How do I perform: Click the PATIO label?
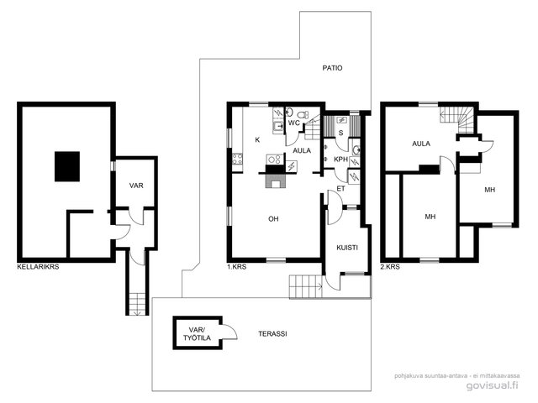pos(332,68)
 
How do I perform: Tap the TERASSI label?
pos(272,334)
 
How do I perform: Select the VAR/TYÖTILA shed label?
pos(197,334)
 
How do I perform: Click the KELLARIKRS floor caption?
pos(38,267)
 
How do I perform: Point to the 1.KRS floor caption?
pos(237,267)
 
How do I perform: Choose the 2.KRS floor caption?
pos(390,267)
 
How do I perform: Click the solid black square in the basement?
pos(67,166)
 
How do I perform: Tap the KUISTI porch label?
pos(347,248)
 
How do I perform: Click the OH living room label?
pos(273,218)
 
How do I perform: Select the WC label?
pos(294,123)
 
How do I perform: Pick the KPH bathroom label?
pos(341,160)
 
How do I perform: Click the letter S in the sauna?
pos(340,133)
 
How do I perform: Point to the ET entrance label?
pos(340,188)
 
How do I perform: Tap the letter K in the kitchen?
pos(257,140)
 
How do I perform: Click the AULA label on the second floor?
pos(421,144)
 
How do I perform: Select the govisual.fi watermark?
pos(493,385)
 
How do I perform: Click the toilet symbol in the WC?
pos(303,115)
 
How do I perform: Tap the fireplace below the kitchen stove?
pos(275,181)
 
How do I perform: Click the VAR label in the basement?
pos(136,186)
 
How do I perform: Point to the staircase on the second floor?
pos(457,119)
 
